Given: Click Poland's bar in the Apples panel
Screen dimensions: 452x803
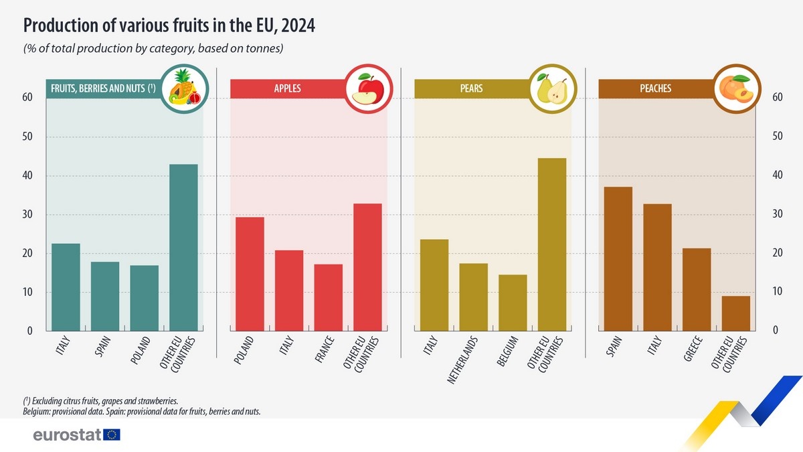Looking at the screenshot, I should click(250, 274).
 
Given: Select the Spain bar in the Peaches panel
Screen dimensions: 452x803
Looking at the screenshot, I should click(618, 258).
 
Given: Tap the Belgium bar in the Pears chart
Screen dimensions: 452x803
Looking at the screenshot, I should click(513, 303).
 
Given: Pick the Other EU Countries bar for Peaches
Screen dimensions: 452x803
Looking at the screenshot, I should click(736, 313).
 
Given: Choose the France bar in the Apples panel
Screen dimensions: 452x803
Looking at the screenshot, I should click(329, 297).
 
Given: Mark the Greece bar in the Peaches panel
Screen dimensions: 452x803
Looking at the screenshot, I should click(697, 289).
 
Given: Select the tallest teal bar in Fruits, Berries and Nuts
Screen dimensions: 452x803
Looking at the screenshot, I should click(183, 247).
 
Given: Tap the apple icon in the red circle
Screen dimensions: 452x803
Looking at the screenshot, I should click(368, 90).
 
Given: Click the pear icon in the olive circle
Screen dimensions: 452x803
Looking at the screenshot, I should click(552, 90).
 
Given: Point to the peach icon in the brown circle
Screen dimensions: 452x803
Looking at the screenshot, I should click(736, 90).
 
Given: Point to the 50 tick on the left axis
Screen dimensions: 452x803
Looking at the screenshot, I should click(28, 137).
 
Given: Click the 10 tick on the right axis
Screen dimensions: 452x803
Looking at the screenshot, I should click(777, 292).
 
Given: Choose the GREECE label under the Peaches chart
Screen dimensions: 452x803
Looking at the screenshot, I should click(693, 349).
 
